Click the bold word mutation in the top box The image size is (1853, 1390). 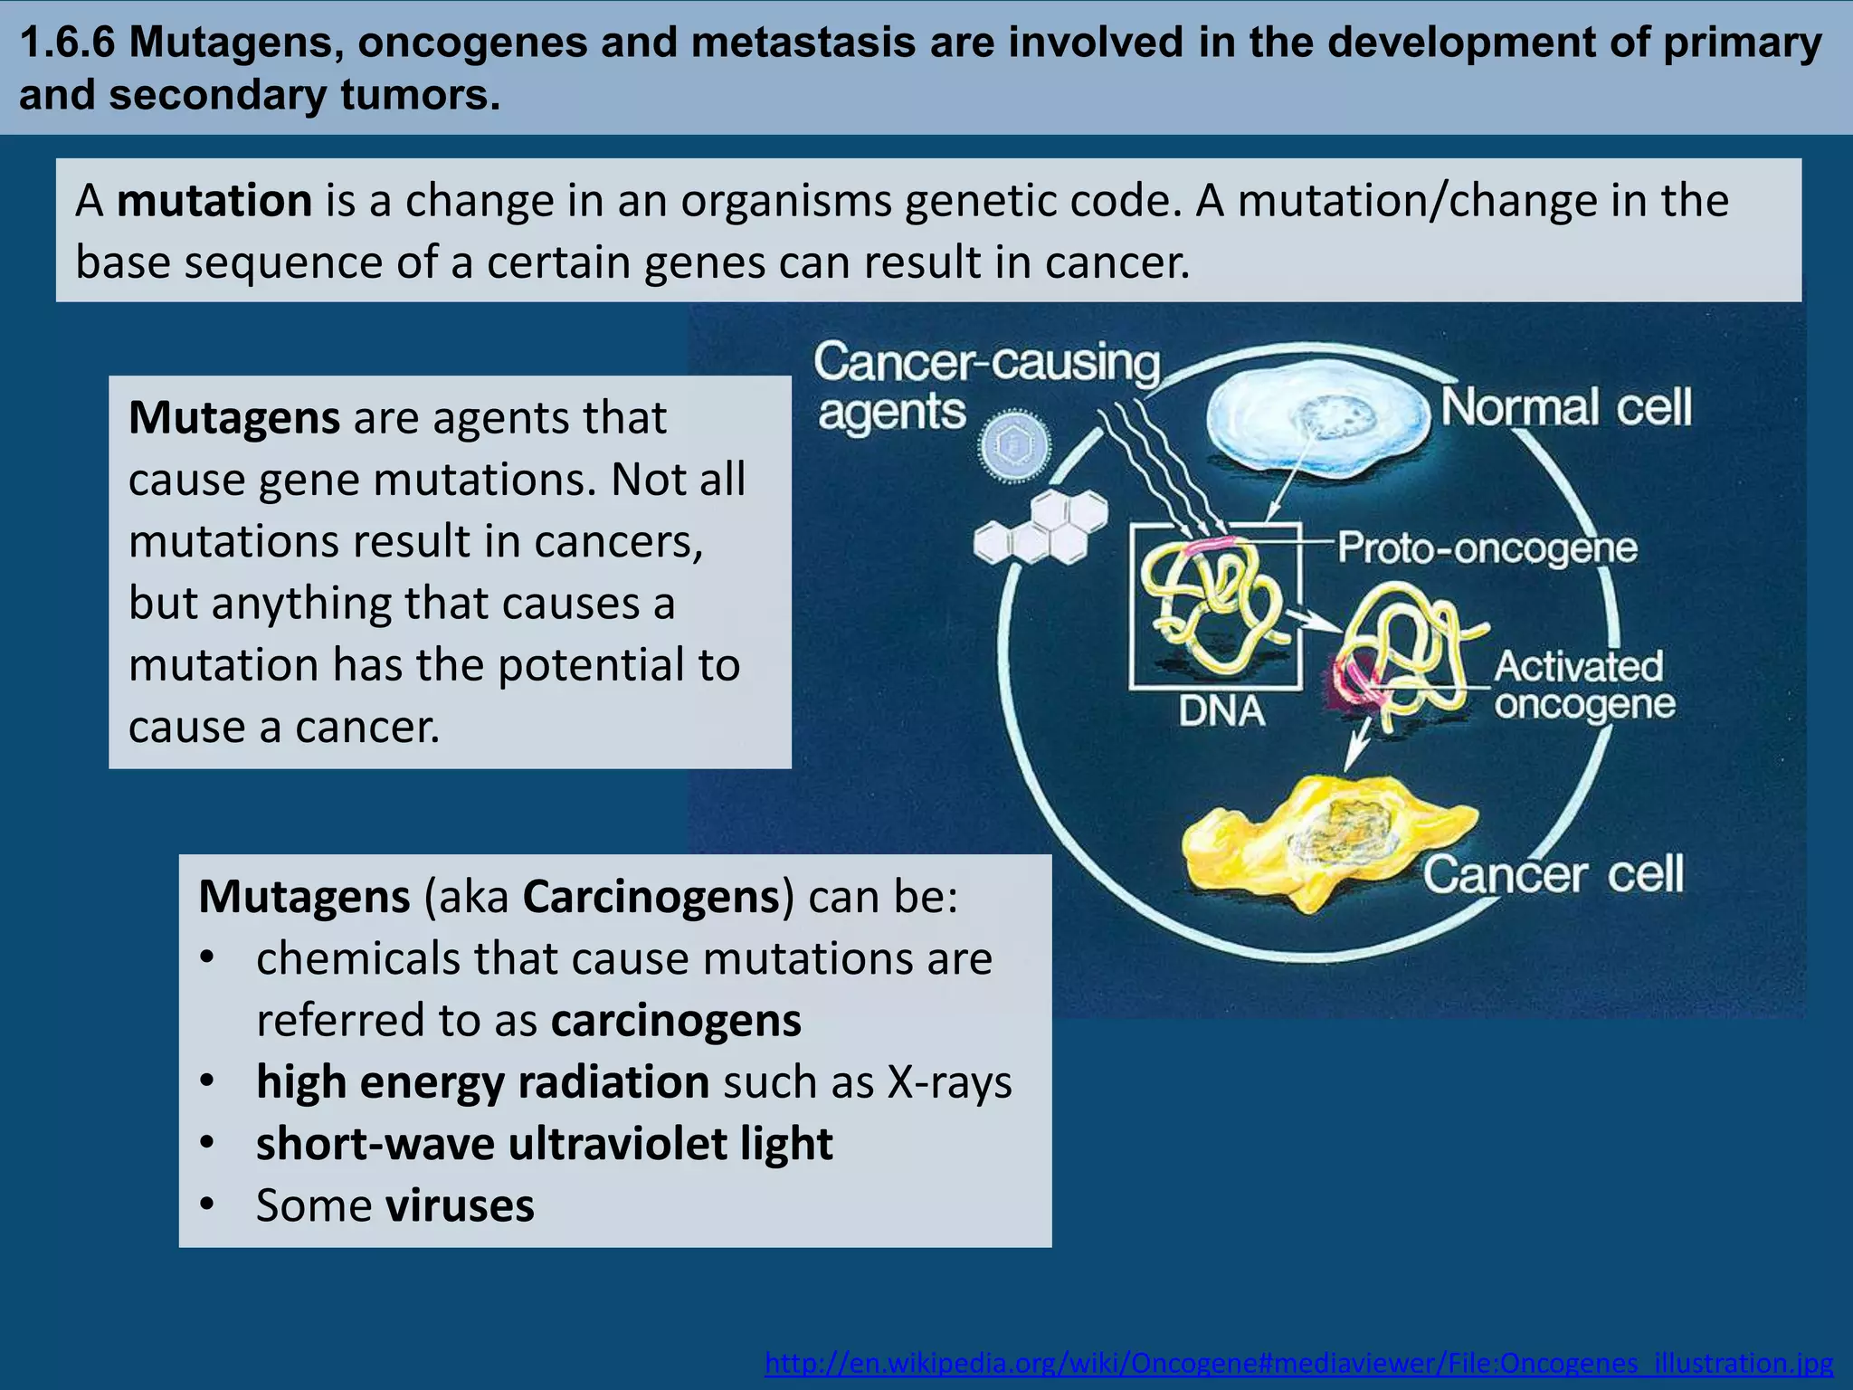(x=214, y=201)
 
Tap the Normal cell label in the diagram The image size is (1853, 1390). (x=1565, y=407)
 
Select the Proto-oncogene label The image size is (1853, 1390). (x=1487, y=547)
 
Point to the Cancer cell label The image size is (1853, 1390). (x=1553, y=875)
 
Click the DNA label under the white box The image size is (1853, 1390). (x=1221, y=711)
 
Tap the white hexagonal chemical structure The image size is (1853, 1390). (x=1041, y=529)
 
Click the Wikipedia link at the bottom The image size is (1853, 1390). (x=1298, y=1363)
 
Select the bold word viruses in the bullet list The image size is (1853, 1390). (x=459, y=1205)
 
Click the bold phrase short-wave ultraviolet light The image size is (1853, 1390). (x=544, y=1144)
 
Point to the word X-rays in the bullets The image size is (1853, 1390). (x=949, y=1082)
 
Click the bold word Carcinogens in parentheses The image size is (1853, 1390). (x=651, y=897)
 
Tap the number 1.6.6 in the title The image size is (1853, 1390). (x=69, y=43)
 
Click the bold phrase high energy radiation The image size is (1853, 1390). (x=482, y=1082)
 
